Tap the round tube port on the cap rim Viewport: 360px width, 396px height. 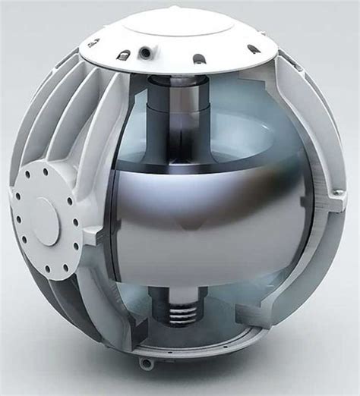click(143, 52)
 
